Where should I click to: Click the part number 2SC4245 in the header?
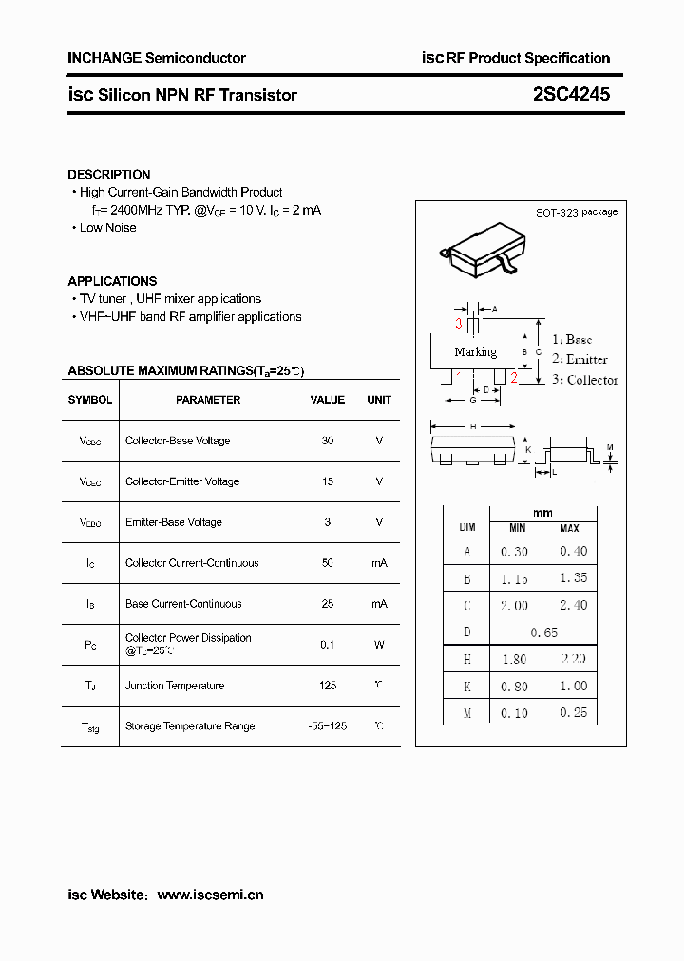[x=571, y=94]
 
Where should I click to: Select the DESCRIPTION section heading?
[x=108, y=175]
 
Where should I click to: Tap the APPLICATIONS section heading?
[x=112, y=281]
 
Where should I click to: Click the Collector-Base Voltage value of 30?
[x=327, y=441]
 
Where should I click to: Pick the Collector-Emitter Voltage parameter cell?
[x=182, y=481]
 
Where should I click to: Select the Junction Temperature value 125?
[x=327, y=686]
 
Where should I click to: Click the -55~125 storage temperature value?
[x=327, y=726]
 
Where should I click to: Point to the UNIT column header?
[x=379, y=400]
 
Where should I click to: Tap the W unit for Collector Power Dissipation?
[x=379, y=645]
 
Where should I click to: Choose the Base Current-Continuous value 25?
[x=327, y=604]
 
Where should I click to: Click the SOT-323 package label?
[x=576, y=212]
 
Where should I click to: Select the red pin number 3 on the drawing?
[x=458, y=324]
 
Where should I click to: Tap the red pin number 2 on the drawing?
[x=514, y=379]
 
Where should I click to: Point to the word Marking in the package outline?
[x=475, y=352]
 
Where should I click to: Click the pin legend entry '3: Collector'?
[x=585, y=380]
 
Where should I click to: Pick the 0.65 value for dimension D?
[x=543, y=632]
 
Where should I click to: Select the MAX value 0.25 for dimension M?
[x=573, y=713]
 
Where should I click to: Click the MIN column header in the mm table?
[x=517, y=528]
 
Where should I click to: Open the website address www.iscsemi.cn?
[x=210, y=895]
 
